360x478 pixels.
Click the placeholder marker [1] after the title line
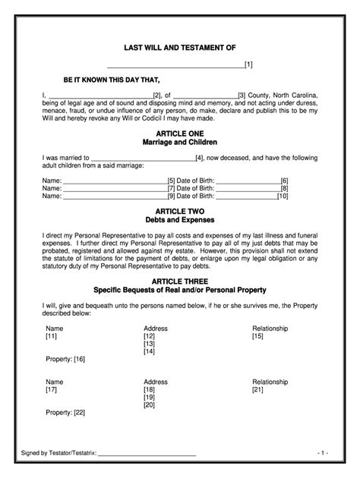tap(248, 65)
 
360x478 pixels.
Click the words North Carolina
tap(293, 95)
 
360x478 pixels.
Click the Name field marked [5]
tap(114, 180)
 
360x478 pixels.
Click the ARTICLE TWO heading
tap(180, 212)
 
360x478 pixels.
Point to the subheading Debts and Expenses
tap(180, 221)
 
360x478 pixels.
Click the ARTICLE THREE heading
tap(180, 280)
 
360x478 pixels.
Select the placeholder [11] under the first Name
tap(51, 335)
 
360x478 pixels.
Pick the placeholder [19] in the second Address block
tap(149, 397)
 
